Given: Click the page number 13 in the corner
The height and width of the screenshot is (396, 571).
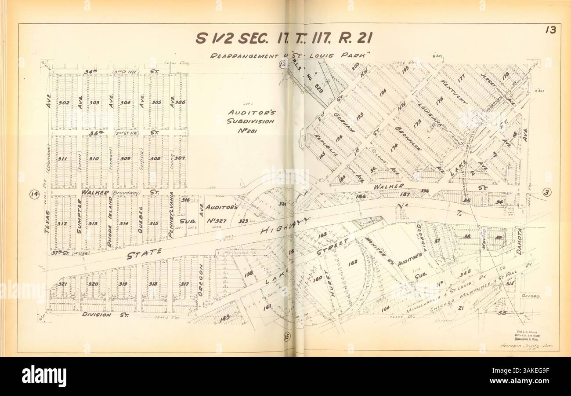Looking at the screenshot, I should [550, 30].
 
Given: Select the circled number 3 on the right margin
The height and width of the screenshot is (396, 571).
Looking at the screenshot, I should [546, 192].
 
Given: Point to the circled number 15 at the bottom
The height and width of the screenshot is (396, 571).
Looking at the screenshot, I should [287, 337].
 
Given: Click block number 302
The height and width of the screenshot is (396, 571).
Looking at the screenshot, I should [64, 103].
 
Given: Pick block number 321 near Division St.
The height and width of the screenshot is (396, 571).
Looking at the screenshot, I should [62, 284].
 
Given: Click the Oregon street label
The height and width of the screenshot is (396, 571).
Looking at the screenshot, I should [201, 279].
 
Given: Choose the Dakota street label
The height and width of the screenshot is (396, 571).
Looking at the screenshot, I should [518, 242].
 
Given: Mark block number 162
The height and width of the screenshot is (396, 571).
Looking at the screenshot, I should [352, 262].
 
